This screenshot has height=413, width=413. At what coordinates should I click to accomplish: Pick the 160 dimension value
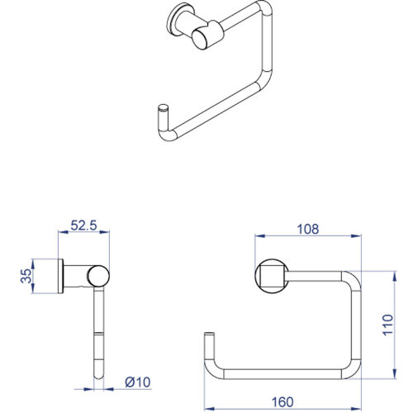284,402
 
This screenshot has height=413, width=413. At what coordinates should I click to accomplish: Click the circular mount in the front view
271,276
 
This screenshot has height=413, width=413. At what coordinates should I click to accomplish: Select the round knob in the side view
98,275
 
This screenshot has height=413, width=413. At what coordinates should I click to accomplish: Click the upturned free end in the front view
209,339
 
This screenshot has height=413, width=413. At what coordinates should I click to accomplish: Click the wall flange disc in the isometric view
177,19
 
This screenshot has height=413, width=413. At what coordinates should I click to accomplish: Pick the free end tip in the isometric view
162,108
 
